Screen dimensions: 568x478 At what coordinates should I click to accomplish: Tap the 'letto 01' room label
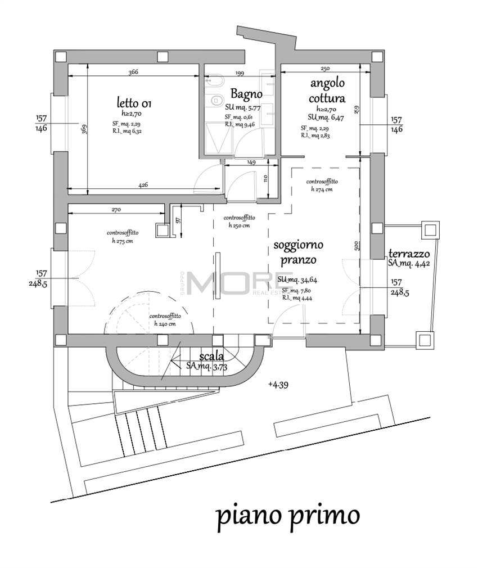[x=133, y=103]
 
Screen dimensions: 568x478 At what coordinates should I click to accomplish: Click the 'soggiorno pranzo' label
[x=297, y=253]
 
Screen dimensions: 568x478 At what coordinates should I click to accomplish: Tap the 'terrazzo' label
[x=409, y=253]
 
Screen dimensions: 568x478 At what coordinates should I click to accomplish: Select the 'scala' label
[x=211, y=356]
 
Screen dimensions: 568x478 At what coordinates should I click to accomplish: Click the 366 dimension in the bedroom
[x=133, y=72]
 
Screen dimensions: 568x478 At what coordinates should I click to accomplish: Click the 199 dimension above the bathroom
[x=240, y=73]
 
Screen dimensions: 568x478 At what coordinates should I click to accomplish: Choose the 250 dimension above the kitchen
[x=325, y=69]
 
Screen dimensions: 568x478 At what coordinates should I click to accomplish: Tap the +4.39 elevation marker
[x=278, y=385]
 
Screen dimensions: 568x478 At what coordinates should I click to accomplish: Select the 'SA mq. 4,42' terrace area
[x=409, y=263]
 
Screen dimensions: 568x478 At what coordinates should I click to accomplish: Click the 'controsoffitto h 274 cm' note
[x=322, y=186]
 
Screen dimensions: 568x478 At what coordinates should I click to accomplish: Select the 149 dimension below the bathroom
[x=251, y=162]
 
